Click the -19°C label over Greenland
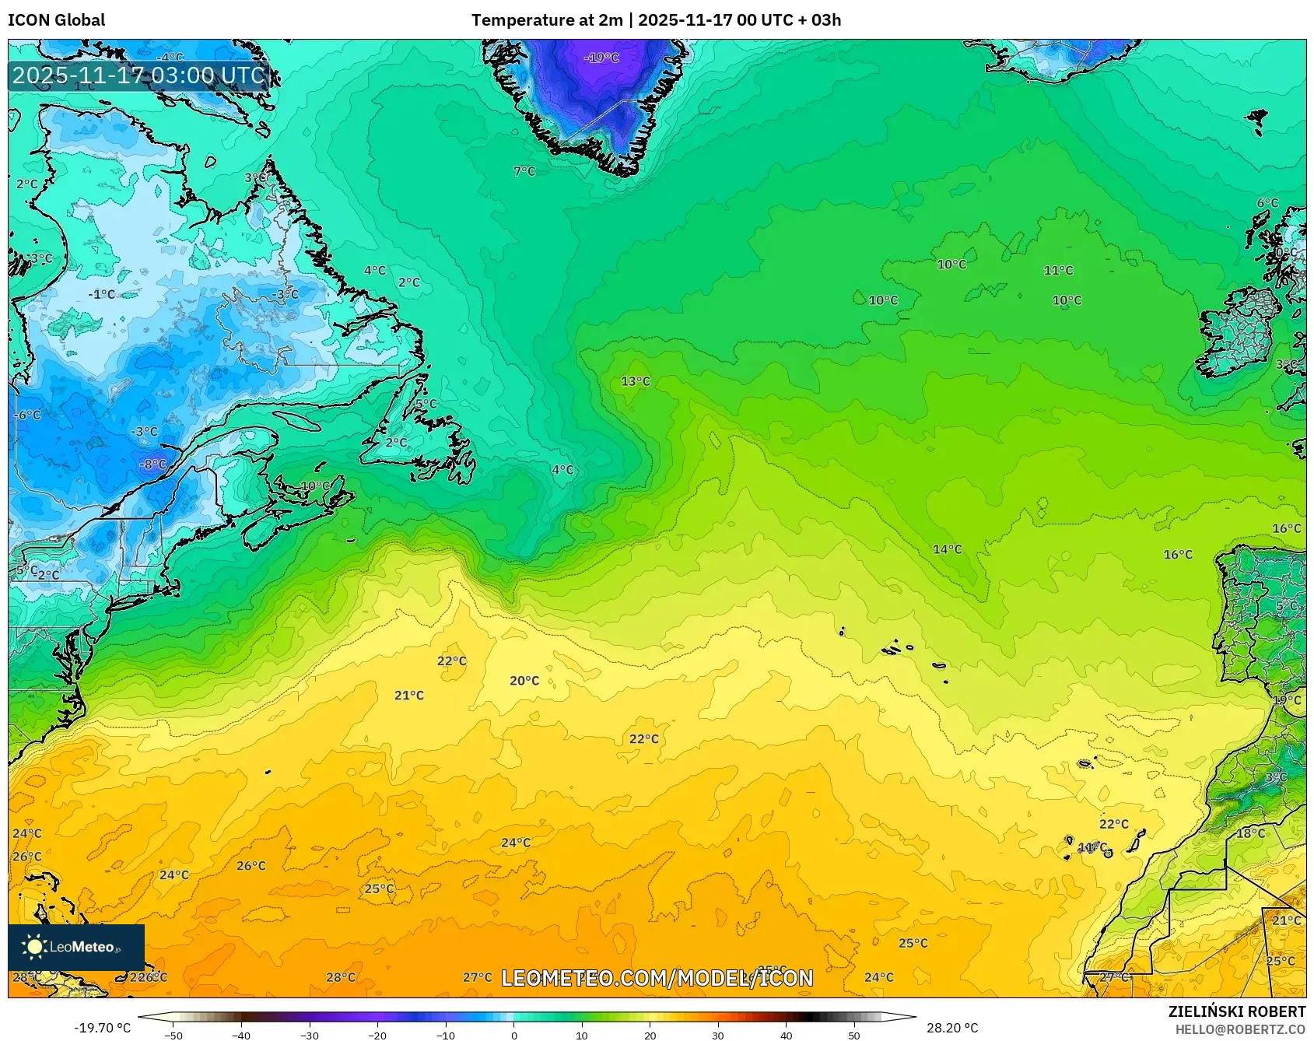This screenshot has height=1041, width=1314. click(601, 58)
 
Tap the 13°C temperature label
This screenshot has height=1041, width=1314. click(636, 381)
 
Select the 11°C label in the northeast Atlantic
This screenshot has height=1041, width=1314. click(1058, 271)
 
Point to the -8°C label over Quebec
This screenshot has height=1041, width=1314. click(152, 464)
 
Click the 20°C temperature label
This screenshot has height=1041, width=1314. click(524, 681)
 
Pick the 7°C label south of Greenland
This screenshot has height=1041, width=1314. click(524, 171)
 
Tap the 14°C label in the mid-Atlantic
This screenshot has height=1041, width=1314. click(947, 549)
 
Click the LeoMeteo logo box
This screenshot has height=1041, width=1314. click(76, 947)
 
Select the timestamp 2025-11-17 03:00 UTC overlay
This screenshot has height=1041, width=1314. click(138, 75)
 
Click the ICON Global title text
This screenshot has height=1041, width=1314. click(56, 20)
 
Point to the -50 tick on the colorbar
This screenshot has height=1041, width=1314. click(173, 1036)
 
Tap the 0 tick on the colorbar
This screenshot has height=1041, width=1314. click(513, 1036)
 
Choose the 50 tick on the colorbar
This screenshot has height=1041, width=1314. click(854, 1036)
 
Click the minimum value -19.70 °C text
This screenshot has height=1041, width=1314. click(102, 1028)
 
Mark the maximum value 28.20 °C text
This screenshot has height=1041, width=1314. click(951, 1028)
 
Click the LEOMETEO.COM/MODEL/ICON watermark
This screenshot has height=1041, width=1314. click(657, 978)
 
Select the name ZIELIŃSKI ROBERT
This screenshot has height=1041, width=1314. click(1236, 1011)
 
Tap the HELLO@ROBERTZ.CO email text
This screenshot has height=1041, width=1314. click(1239, 1029)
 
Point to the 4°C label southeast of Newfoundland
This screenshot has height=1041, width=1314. click(562, 470)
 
